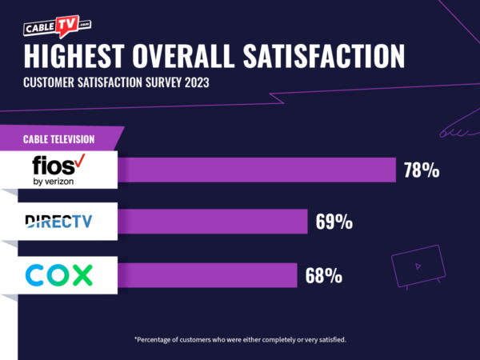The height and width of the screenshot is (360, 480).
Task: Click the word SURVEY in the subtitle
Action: (x=153, y=83)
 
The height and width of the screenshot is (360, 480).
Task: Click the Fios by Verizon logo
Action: (x=61, y=170)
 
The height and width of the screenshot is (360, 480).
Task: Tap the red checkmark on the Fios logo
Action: (x=79, y=162)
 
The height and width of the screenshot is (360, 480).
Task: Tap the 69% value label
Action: (x=334, y=222)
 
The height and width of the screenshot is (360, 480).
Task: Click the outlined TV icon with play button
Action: (x=415, y=265)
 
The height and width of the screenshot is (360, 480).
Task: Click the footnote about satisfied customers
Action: (x=240, y=339)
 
